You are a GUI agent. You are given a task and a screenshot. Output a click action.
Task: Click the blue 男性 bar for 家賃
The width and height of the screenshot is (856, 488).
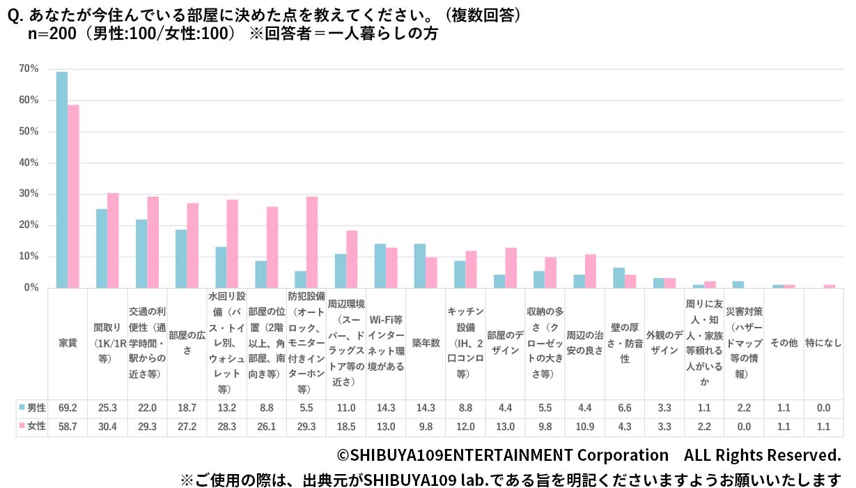pos(62,180)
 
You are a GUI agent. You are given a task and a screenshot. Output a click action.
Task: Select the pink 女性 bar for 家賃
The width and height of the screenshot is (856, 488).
pos(73,196)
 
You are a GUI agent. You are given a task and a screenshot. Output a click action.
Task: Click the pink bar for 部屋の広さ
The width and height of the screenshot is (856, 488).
pos(193,245)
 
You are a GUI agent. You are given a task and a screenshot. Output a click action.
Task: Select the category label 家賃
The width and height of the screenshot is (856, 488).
pos(68,343)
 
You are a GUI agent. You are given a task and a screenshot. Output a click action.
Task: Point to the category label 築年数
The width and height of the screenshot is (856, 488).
pos(426,343)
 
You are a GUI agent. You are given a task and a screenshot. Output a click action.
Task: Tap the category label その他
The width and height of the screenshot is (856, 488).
pos(784,343)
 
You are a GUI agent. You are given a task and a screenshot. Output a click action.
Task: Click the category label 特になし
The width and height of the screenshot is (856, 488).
pos(823,343)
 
